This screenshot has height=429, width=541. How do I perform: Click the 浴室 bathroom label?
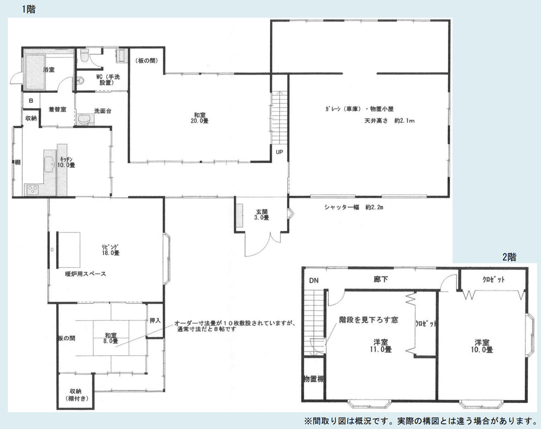tap(49, 70)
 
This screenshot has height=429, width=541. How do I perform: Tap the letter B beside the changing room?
tap(31, 101)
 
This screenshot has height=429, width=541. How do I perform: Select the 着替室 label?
tap(57, 110)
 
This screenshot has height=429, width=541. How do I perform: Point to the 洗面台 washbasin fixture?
tap(85, 119)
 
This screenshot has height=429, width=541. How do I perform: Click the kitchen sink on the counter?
tap(49, 165)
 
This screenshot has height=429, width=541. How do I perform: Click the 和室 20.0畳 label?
tap(200, 118)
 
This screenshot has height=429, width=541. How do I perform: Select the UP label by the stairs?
tap(279, 152)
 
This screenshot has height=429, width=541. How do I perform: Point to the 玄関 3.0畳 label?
tap(261, 215)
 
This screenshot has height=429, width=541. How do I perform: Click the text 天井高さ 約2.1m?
tap(389, 121)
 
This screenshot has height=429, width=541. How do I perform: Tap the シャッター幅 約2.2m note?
tap(354, 207)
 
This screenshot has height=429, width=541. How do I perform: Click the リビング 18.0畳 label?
tap(110, 250)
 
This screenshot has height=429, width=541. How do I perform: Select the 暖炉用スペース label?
tap(85, 274)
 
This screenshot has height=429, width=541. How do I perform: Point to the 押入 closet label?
tap(155, 321)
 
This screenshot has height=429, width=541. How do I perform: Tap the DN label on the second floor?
tap(314, 280)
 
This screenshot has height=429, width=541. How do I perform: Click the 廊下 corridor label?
tap(381, 279)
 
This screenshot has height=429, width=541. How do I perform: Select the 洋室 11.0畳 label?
tap(381, 346)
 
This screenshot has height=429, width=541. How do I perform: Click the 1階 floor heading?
tap(29, 9)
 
